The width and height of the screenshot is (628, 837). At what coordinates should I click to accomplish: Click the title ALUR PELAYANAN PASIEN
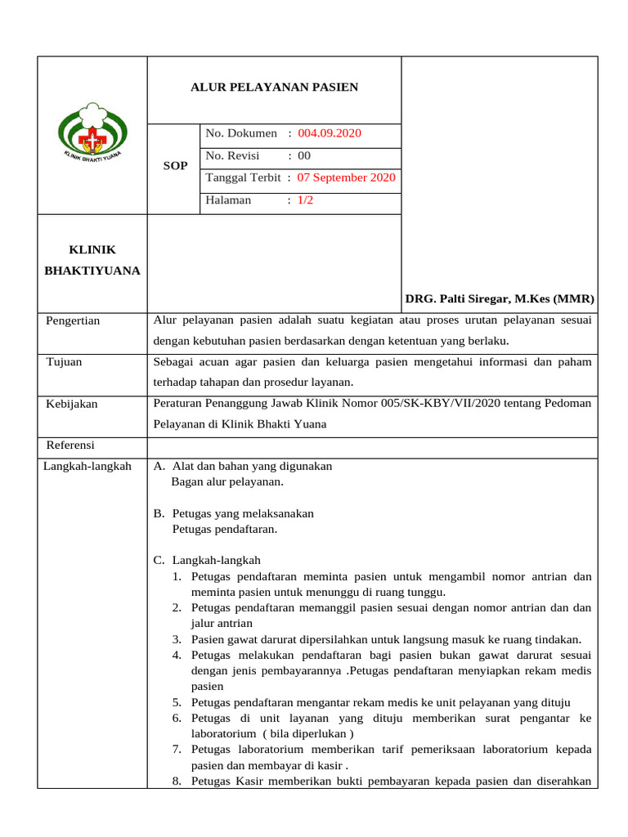274,87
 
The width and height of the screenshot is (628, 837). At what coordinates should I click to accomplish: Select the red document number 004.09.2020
330,133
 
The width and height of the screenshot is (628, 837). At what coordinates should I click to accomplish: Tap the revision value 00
304,155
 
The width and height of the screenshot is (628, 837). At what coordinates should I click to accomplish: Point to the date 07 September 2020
347,177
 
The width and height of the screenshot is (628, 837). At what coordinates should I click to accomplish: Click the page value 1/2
306,199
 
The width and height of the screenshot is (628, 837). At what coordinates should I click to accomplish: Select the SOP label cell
175,166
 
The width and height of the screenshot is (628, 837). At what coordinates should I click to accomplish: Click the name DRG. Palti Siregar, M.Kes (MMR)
500,299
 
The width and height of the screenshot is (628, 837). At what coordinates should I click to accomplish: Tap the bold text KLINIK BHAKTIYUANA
92,260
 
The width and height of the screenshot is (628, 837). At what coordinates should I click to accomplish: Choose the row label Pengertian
74,320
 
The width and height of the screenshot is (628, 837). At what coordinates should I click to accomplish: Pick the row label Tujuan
64,361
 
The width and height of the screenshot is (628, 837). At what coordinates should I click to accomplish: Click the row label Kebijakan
72,404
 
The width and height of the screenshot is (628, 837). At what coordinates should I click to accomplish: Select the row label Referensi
71,445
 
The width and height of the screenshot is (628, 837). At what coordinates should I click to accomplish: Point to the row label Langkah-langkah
87,466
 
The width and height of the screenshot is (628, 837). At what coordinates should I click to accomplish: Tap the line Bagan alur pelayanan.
227,481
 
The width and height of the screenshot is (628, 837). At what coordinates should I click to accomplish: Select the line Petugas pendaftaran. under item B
225,529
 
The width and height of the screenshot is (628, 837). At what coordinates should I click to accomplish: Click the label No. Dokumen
241,133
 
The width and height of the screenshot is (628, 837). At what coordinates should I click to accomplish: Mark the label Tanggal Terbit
244,177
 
